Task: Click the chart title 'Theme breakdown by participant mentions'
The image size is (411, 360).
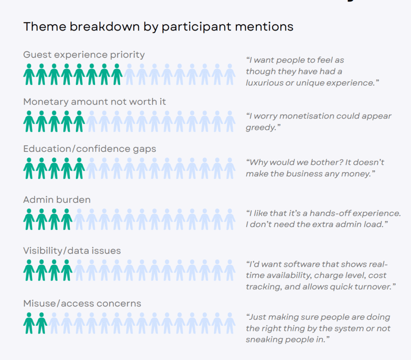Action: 158,27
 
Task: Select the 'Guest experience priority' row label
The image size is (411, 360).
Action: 84,55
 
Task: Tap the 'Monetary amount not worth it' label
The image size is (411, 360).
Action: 95,102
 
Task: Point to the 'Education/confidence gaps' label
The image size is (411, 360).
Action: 90,149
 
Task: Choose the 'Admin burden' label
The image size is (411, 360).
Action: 57,200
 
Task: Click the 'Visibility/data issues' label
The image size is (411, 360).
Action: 72,251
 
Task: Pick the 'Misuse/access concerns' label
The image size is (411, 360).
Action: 82,304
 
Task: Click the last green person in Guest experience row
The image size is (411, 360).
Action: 117,74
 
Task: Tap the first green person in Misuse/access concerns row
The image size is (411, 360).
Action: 29,323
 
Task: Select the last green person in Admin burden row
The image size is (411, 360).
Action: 67,219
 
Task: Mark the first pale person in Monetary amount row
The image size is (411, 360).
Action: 92,121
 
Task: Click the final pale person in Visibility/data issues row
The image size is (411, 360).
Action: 230,270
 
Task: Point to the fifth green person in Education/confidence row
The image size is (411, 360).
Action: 79,168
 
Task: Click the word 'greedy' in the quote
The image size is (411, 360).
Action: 261,128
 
